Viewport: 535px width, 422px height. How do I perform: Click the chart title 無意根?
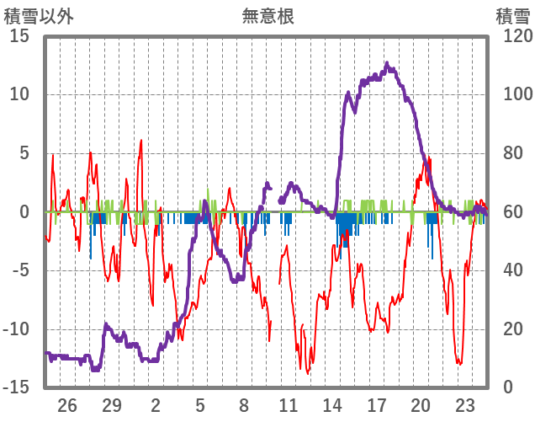point(267,16)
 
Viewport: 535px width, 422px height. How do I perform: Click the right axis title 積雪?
point(511,16)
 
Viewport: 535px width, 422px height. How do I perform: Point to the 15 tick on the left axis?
point(19,36)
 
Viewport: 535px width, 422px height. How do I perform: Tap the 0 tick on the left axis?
point(24,212)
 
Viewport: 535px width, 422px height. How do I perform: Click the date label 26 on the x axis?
point(67,405)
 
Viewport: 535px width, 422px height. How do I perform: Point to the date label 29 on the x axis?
point(112,405)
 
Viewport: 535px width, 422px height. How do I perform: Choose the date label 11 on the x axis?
point(289,405)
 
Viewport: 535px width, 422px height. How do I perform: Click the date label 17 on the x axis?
point(377,405)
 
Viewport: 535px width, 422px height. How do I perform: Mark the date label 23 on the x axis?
point(465,405)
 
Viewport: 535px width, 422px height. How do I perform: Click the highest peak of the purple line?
point(387,63)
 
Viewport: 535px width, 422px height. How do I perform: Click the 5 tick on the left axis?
point(24,153)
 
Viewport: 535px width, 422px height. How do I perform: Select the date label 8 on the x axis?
point(244,405)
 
